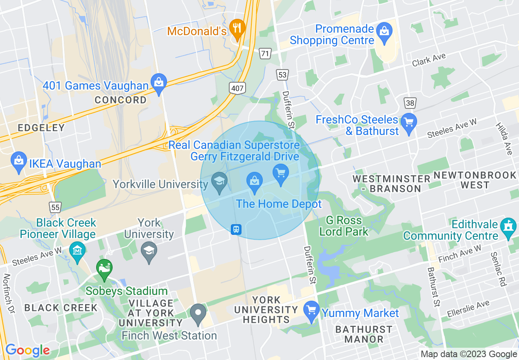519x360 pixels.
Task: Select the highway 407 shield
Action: point(237,88)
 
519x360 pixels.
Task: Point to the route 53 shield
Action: point(282,74)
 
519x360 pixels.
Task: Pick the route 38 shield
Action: point(410,102)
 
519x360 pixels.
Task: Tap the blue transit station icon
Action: point(236,229)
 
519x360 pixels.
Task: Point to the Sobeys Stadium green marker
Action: point(104,268)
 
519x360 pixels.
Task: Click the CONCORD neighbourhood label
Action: point(120,100)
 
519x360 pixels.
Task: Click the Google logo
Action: point(27,351)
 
